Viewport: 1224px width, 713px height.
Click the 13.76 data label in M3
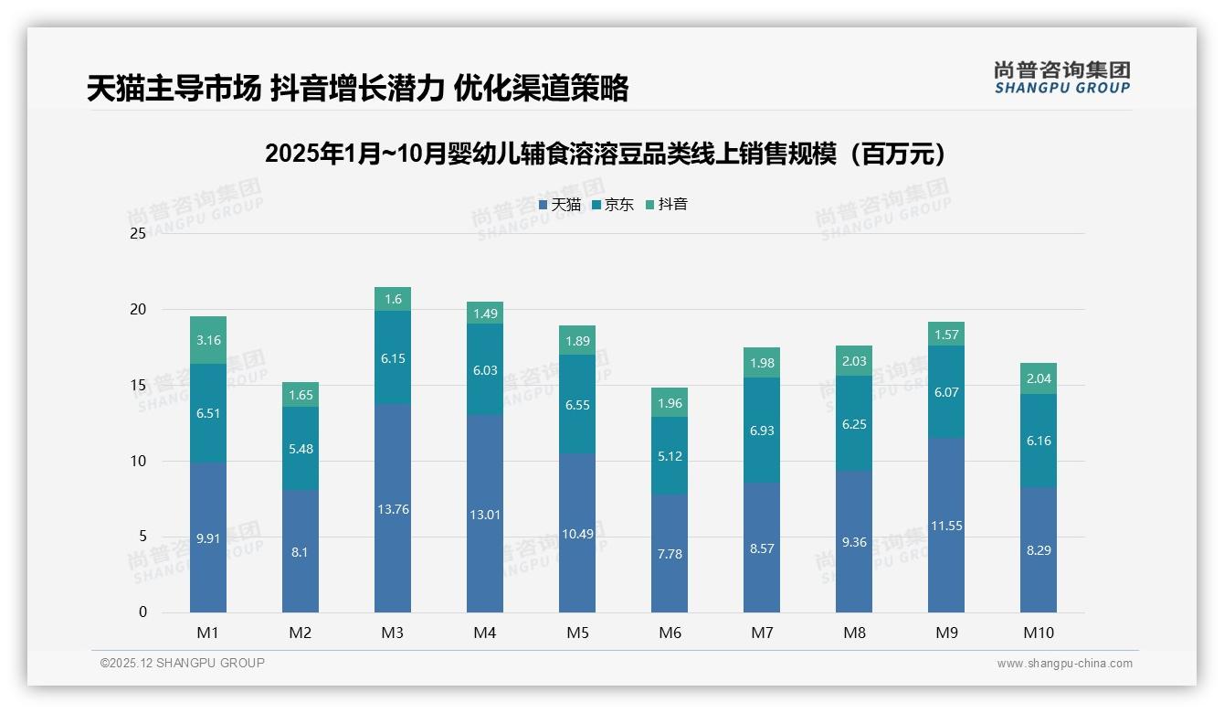393,509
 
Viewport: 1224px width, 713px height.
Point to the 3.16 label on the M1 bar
208,340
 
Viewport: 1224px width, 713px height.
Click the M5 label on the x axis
577,633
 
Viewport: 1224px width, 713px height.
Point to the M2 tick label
301,633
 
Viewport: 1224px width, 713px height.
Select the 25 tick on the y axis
138,233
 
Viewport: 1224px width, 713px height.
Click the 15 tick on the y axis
138,385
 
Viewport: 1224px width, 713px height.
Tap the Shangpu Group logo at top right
1061,78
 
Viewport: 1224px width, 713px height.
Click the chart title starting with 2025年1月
606,154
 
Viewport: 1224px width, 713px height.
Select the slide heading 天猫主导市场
357,88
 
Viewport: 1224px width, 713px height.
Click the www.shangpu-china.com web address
1064,664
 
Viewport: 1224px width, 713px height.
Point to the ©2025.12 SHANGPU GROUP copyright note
183,663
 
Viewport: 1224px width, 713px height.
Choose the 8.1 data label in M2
301,552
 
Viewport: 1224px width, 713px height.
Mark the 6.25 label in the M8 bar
854,424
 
